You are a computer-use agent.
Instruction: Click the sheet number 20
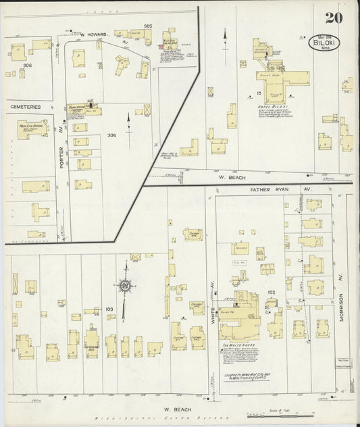click(332, 18)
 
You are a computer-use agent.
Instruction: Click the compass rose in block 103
click(125, 285)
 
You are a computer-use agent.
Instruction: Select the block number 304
click(111, 135)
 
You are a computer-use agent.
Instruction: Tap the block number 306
click(28, 65)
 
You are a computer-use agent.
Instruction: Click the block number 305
click(147, 26)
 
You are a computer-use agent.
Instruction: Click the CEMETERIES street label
click(25, 107)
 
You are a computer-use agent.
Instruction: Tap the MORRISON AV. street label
click(342, 305)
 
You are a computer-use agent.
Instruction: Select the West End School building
click(32, 128)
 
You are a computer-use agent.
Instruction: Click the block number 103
click(109, 309)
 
